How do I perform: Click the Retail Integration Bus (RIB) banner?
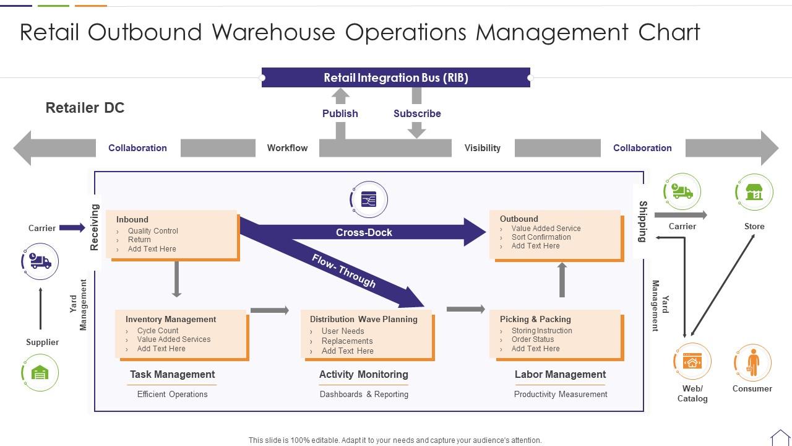pos(395,77)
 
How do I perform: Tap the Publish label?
pos(340,113)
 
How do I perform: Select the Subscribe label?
pos(417,113)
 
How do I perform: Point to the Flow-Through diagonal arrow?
pos(344,271)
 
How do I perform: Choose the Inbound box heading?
pos(132,219)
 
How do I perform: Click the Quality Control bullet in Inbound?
pos(153,231)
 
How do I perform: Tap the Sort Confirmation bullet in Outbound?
pos(541,237)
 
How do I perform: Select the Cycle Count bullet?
pos(158,331)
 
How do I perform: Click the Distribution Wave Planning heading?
pos(364,319)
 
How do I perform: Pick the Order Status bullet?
pos(533,339)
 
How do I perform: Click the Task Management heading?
pos(172,374)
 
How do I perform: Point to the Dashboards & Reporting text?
pos(364,394)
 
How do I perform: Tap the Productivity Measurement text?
pos(561,394)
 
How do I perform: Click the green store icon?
pos(754,192)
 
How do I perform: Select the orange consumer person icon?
pos(752,362)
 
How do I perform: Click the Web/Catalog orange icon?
pos(692,361)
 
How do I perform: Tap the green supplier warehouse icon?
pos(40,373)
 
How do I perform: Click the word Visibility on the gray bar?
pos(483,148)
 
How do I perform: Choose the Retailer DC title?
pos(85,108)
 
